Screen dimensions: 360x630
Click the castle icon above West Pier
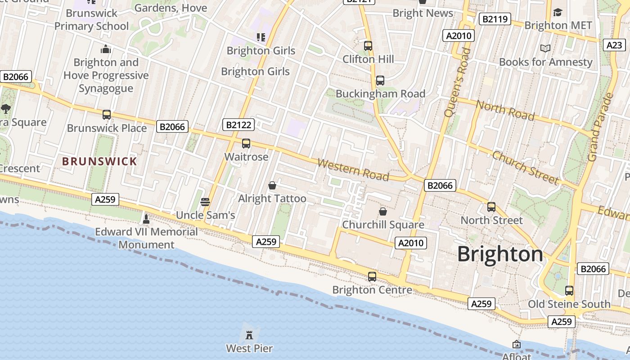(249, 334)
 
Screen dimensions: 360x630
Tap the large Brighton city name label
(500, 254)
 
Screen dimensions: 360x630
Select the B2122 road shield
(238, 125)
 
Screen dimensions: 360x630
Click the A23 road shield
(614, 45)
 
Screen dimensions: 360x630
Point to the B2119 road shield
(495, 19)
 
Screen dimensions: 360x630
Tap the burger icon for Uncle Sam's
(205, 202)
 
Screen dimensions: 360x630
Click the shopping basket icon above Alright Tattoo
(272, 185)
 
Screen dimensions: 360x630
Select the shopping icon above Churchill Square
(383, 211)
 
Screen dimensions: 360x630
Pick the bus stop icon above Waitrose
(246, 144)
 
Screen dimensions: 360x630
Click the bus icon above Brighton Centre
(372, 276)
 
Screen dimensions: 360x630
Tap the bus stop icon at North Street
(491, 207)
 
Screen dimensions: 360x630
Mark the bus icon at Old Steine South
(569, 291)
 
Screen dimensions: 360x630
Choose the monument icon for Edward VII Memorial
(146, 219)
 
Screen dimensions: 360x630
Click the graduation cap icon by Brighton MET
(558, 12)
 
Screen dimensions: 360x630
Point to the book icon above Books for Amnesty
(545, 48)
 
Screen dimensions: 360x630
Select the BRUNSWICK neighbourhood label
(99, 161)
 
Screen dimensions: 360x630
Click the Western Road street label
(353, 169)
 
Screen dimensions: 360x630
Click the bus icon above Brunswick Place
(107, 115)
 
